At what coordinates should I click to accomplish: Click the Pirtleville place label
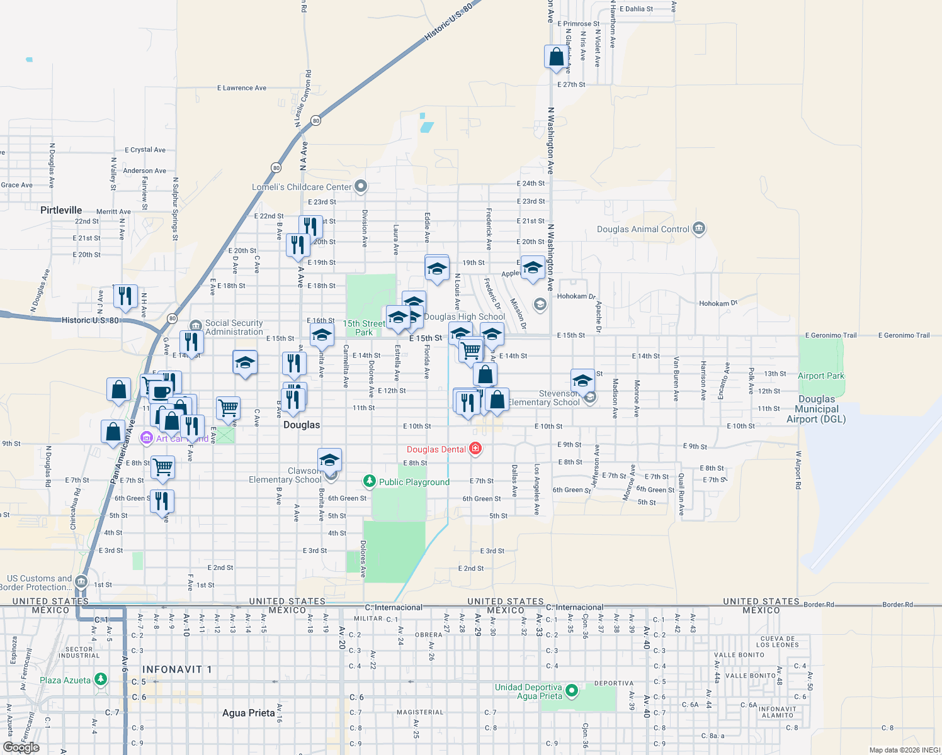click(x=61, y=210)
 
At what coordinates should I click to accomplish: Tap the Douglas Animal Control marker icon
click(x=698, y=229)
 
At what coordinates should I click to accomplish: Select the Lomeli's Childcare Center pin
click(x=361, y=186)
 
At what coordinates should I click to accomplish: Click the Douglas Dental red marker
click(x=475, y=449)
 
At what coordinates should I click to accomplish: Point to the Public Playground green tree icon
click(x=370, y=481)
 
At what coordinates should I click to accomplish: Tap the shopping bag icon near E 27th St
click(x=556, y=57)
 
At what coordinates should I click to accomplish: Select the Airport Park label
click(x=820, y=376)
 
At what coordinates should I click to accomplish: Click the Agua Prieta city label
click(x=248, y=713)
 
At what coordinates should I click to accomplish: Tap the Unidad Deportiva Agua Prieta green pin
click(x=572, y=691)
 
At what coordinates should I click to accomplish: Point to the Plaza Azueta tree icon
click(x=101, y=679)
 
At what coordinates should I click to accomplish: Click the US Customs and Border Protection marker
click(x=81, y=581)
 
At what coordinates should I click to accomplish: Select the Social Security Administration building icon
click(x=195, y=326)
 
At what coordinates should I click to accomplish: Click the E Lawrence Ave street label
click(x=241, y=88)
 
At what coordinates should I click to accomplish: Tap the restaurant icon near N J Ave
click(x=125, y=294)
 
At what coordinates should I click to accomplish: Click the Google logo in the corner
click(x=21, y=747)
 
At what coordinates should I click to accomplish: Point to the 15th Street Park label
click(x=364, y=328)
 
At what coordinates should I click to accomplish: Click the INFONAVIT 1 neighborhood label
click(x=177, y=669)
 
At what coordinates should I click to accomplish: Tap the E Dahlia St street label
click(x=636, y=9)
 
